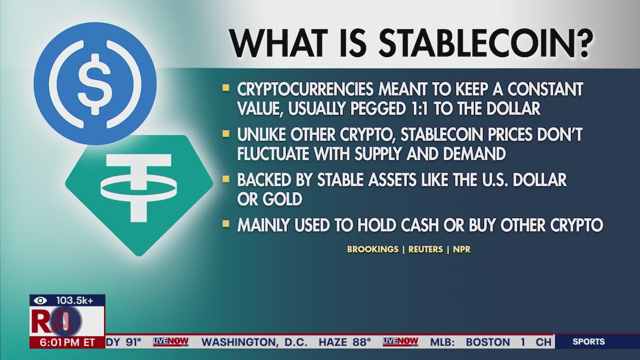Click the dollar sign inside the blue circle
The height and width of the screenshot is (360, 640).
94,84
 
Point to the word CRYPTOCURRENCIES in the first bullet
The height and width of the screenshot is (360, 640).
305,89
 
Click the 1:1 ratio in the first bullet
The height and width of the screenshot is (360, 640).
418,108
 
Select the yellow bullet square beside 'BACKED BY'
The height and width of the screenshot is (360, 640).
226,179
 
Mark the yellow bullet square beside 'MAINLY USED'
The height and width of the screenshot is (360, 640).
226,223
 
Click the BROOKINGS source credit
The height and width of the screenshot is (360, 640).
372,249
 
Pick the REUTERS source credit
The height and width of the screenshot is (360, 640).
425,249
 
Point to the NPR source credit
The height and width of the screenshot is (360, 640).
461,249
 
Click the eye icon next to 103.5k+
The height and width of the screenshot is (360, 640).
40,300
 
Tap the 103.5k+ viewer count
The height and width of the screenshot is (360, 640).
74,300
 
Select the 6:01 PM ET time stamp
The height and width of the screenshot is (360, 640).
67,342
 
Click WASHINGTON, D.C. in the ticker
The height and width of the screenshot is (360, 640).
254,342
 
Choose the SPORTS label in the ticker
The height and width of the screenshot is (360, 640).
588,341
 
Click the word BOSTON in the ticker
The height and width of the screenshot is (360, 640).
488,342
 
